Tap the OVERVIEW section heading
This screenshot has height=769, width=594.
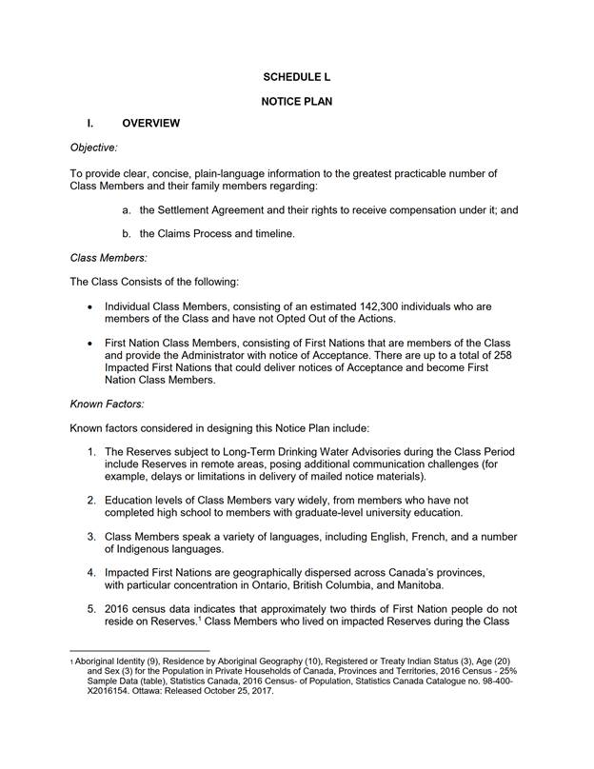[151, 124]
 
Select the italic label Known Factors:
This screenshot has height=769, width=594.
[107, 404]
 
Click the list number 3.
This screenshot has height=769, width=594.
[91, 537]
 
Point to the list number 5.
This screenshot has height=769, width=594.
[91, 609]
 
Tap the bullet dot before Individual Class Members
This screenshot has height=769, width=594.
[89, 307]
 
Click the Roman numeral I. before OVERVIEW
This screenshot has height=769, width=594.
[89, 124]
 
